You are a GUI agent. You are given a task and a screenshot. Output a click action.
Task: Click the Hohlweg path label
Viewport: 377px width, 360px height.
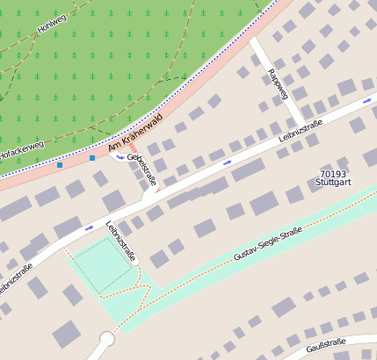(52, 24)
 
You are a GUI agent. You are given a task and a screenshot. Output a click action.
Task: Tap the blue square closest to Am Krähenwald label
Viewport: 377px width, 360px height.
(91, 158)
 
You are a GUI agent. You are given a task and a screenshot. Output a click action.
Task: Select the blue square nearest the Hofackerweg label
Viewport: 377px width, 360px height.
(60, 164)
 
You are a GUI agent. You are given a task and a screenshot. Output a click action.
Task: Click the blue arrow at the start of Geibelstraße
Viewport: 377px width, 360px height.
(120, 158)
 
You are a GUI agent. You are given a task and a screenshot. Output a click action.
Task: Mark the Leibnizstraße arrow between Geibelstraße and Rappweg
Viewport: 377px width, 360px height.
(228, 162)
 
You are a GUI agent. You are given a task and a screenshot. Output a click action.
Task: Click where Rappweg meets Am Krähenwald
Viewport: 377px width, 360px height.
(255, 40)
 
